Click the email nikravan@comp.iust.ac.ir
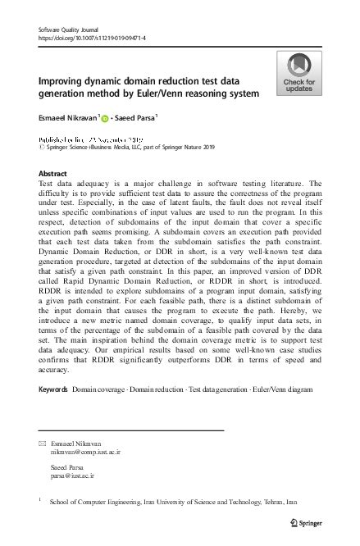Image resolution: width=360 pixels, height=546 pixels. pyautogui.click(x=85, y=451)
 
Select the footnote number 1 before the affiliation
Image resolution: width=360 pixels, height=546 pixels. pyautogui.click(x=40, y=498)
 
